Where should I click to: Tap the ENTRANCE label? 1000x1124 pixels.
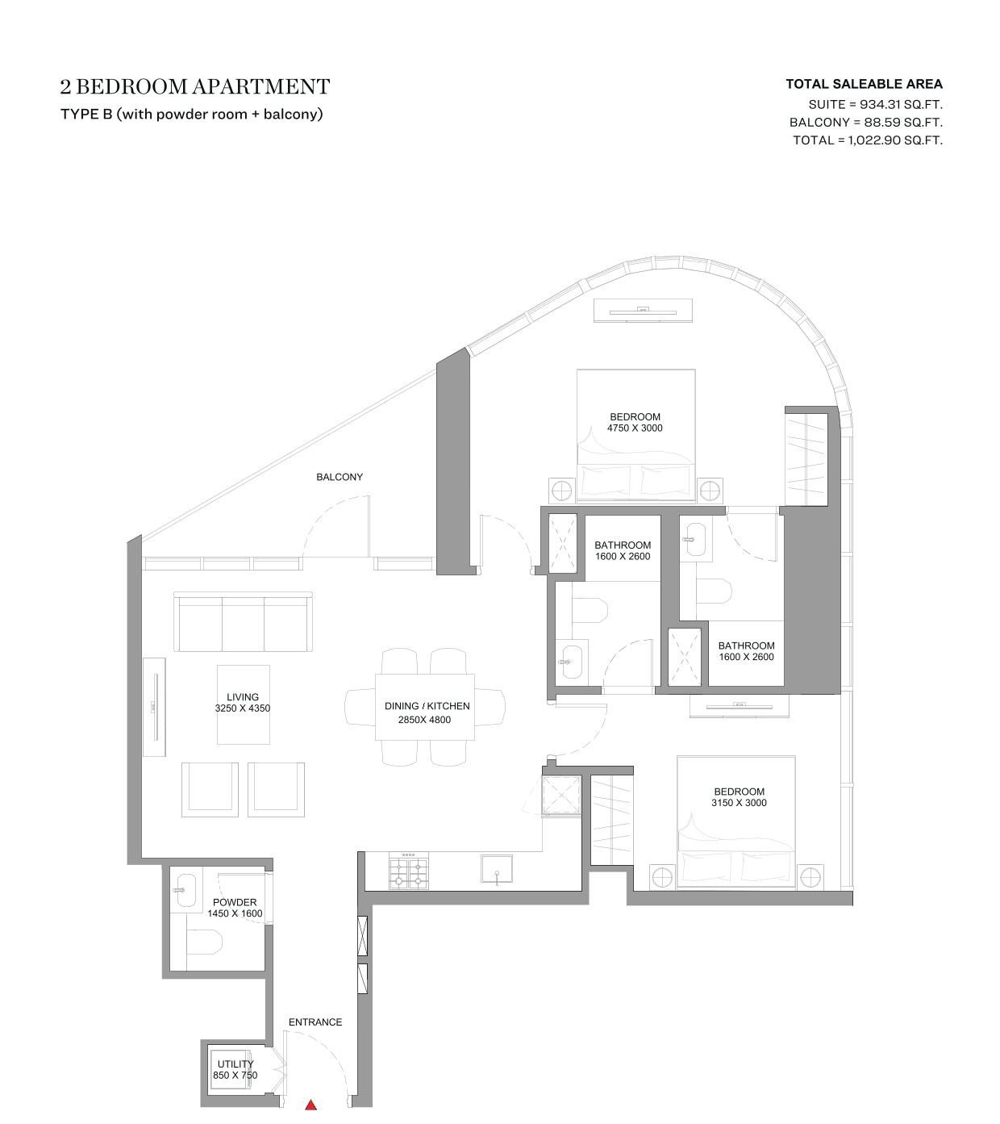pos(315,1022)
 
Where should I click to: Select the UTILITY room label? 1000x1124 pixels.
pos(235,1063)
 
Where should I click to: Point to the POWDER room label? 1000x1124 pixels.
pos(235,903)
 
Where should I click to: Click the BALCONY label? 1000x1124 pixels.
pos(340,477)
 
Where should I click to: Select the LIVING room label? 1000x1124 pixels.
pos(243,697)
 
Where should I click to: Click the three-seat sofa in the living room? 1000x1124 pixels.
pos(243,621)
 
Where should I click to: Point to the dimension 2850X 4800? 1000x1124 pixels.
pos(424,720)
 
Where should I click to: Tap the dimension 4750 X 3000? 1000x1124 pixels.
pos(635,428)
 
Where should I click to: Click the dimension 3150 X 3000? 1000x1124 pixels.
pos(739,803)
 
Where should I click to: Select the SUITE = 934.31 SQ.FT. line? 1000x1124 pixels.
pos(875,104)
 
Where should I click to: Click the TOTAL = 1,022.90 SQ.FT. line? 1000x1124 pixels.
pos(868,140)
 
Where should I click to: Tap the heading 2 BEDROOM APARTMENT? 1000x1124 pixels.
pos(195,86)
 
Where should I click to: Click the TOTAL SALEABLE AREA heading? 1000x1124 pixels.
pos(865,85)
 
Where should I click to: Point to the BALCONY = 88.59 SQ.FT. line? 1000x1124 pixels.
pos(866,122)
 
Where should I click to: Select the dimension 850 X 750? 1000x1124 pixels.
pos(235,1075)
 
